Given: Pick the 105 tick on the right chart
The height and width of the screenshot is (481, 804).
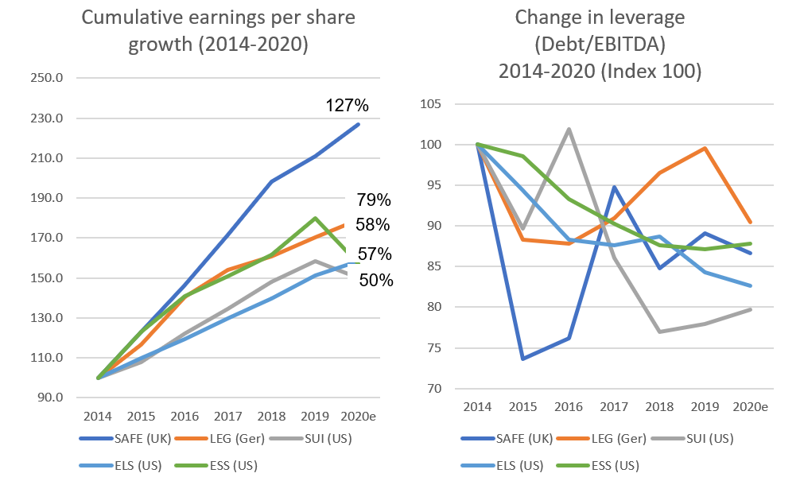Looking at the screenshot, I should coord(441,104).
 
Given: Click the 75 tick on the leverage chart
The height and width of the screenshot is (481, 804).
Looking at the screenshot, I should coord(444,348).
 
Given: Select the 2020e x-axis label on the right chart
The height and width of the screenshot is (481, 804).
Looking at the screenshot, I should coord(750,406).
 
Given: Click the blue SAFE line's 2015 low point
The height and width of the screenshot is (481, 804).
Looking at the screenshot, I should coord(522,359).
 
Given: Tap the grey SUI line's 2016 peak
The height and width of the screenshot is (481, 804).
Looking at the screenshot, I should coord(569,129).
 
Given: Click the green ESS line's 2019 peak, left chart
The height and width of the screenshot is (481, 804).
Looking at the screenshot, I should coord(316,218).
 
